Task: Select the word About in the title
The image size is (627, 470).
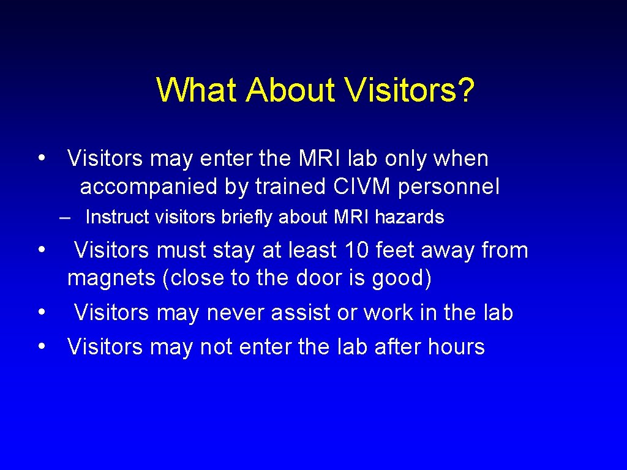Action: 290,90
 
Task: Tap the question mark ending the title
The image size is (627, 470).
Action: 466,90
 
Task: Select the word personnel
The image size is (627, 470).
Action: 448,187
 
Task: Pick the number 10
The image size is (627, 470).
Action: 357,250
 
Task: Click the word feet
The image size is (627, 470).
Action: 396,250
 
